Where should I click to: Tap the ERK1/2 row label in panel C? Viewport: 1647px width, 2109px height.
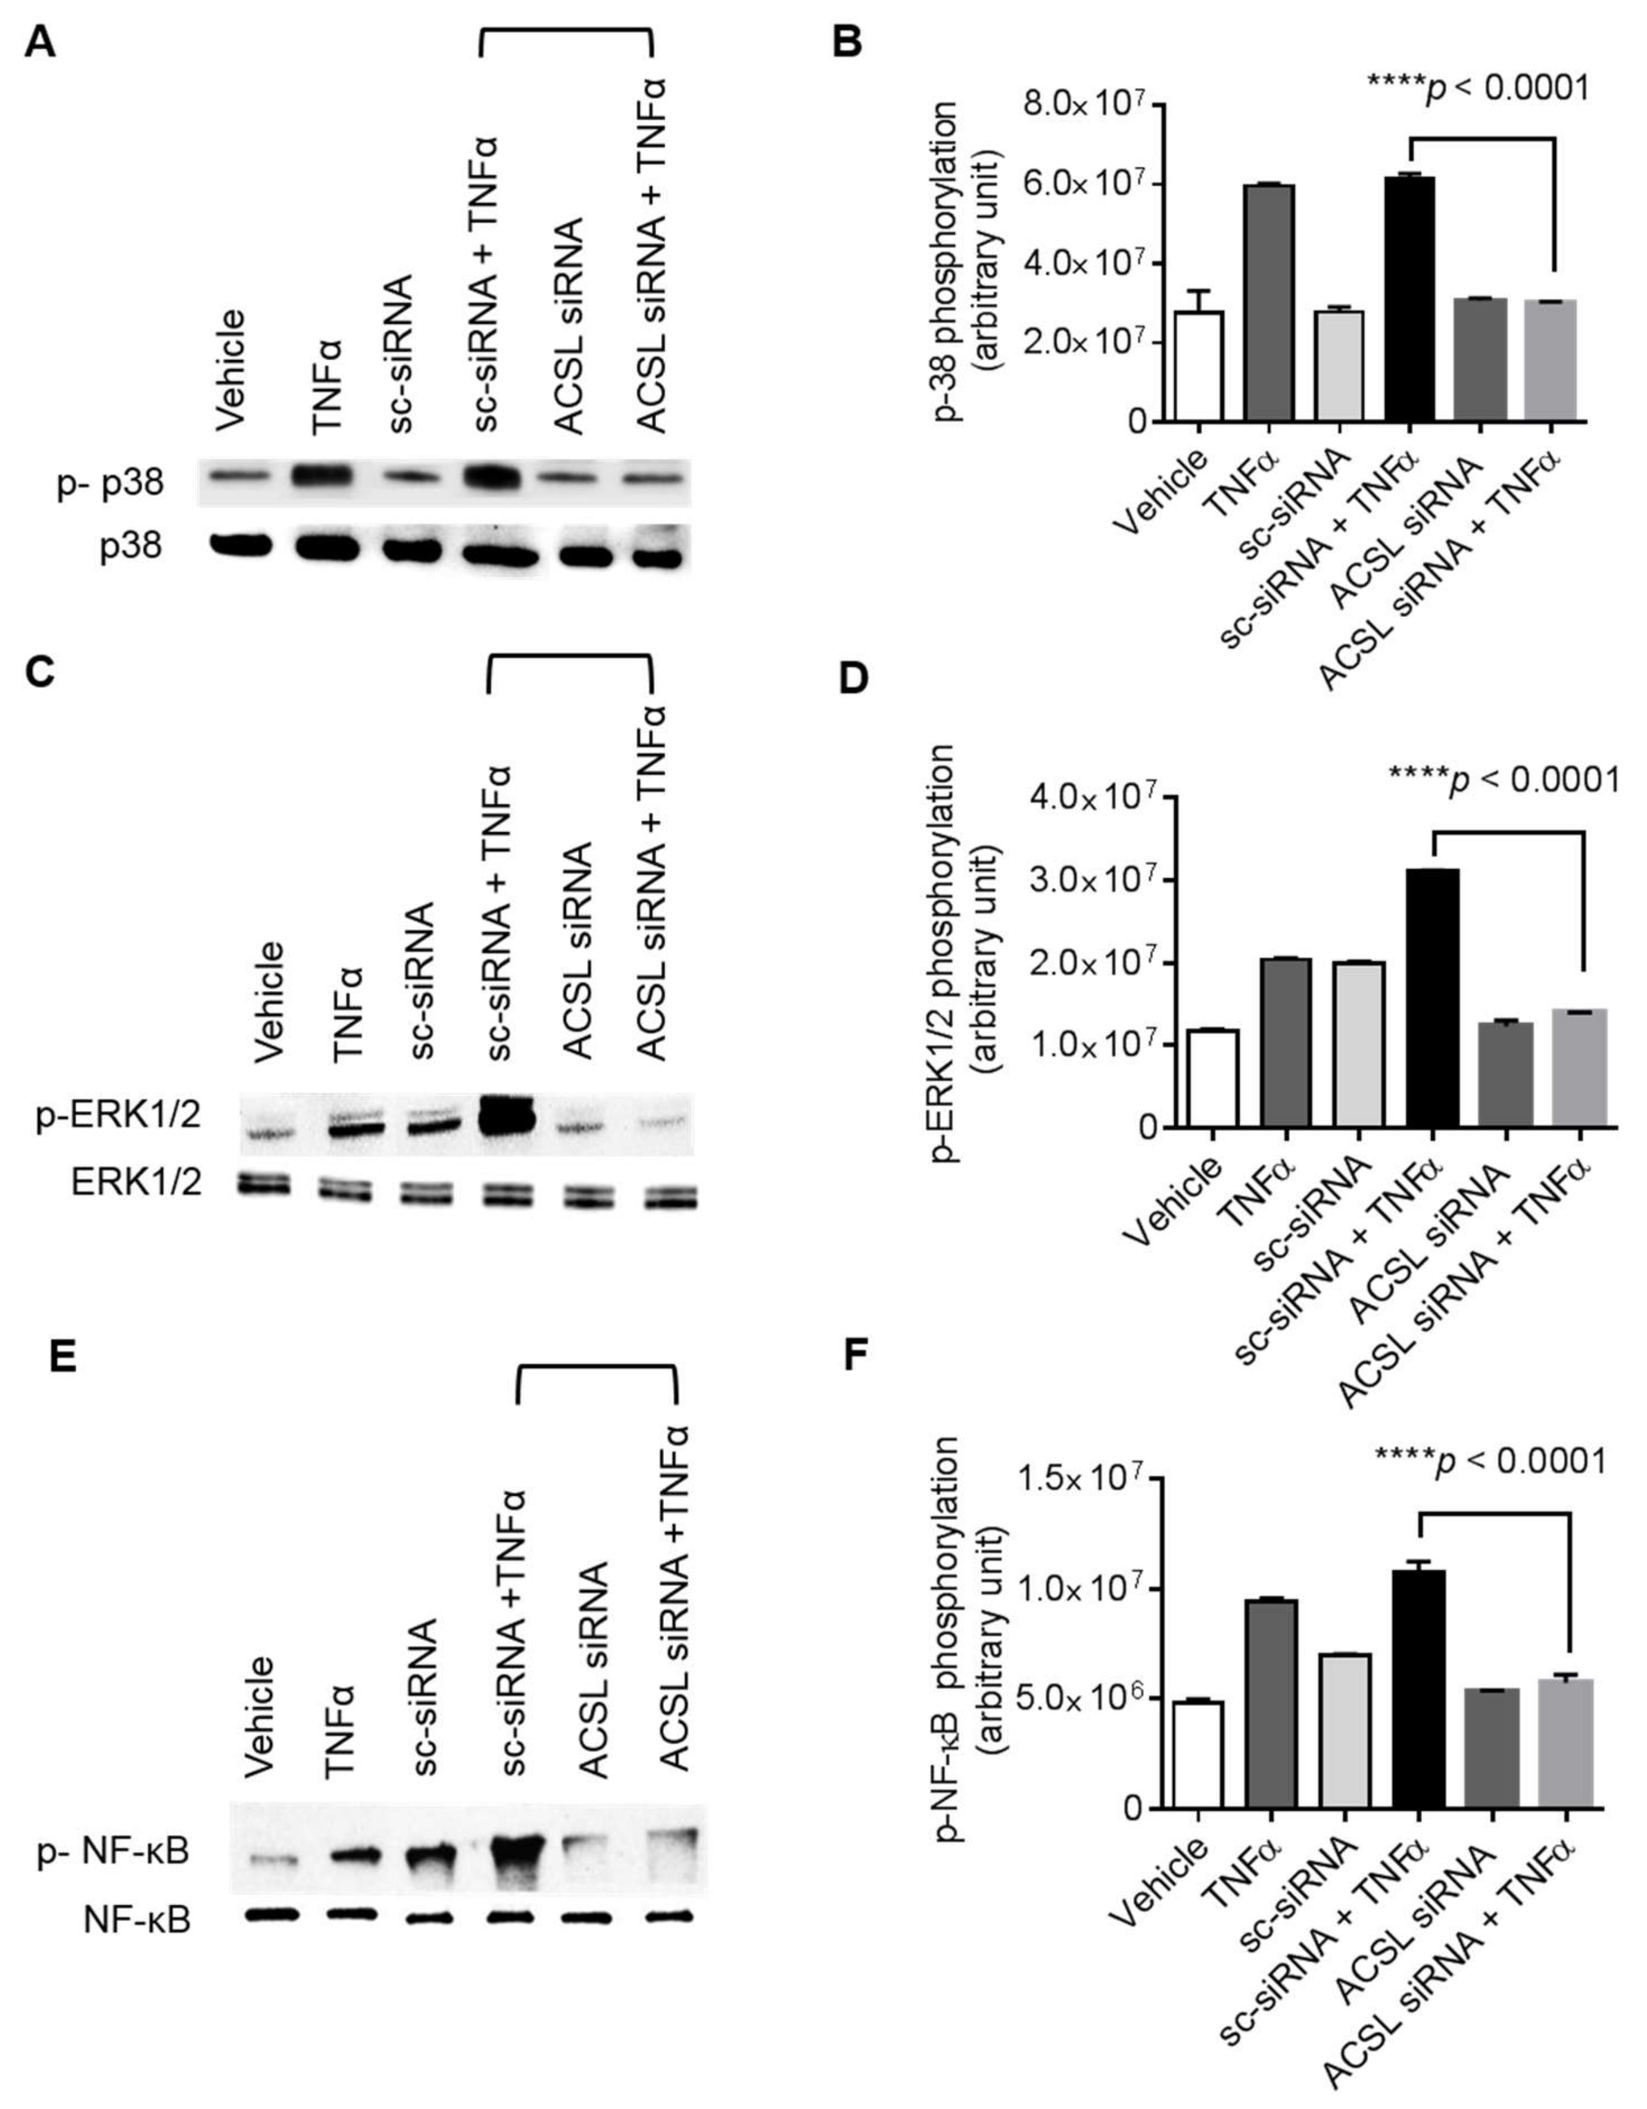click(136, 1183)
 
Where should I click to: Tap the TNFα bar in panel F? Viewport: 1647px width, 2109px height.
click(1271, 1704)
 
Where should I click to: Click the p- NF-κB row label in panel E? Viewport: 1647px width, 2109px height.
click(113, 1852)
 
